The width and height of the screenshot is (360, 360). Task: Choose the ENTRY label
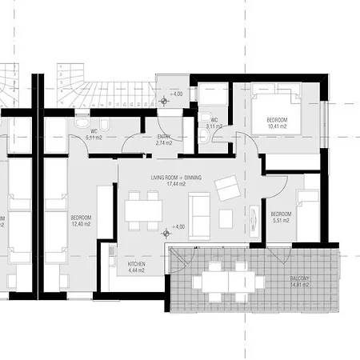164,138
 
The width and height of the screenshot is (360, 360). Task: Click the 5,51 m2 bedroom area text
280,221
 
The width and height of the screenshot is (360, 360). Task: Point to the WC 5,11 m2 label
94,134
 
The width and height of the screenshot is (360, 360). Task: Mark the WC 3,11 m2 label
214,122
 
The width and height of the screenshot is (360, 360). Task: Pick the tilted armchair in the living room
227,188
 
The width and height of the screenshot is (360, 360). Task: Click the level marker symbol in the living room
166,233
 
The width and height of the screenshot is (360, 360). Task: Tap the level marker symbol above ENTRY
166,100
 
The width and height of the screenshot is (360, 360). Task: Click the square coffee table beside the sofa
226,218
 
